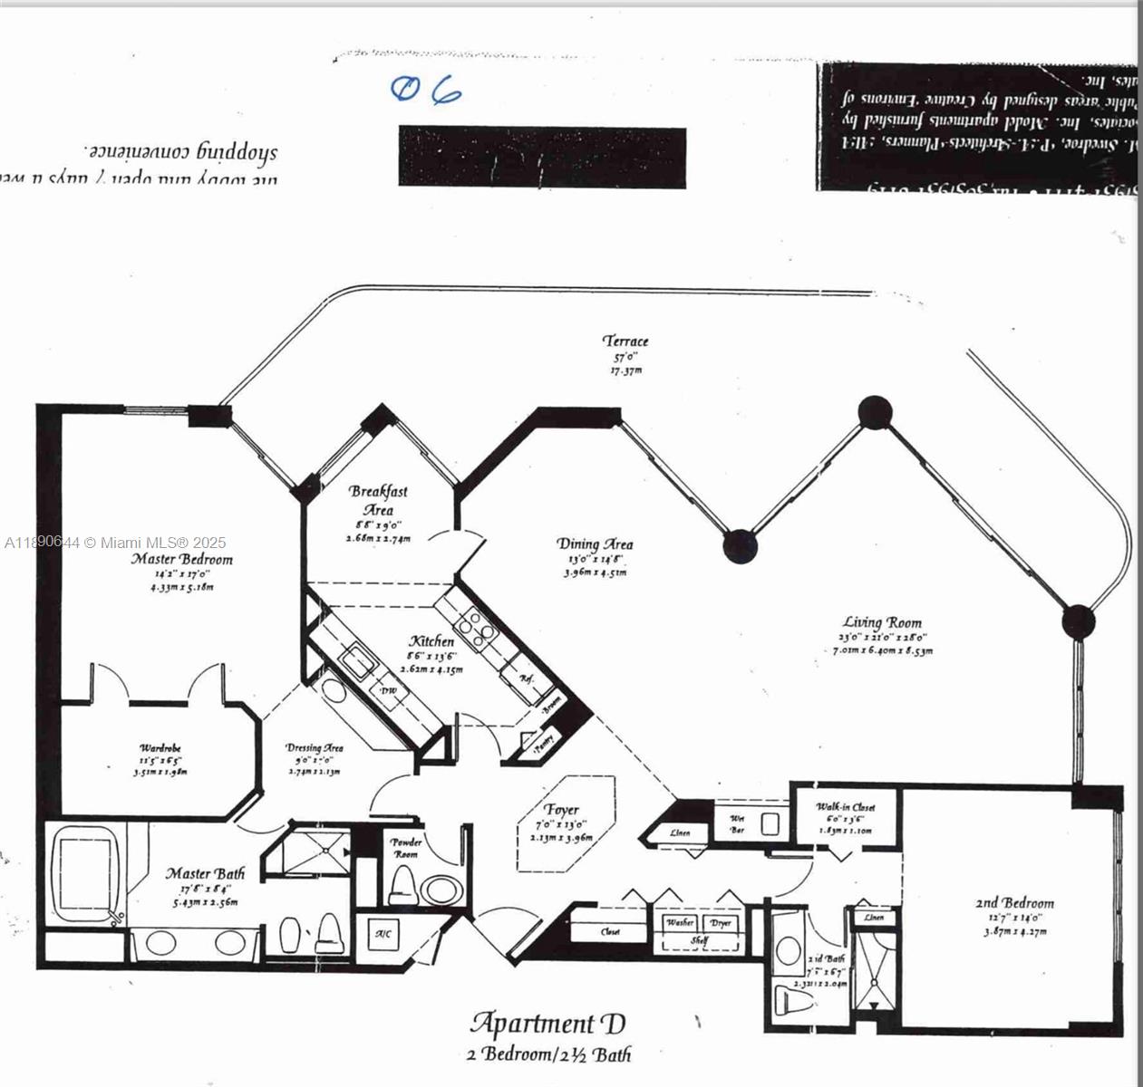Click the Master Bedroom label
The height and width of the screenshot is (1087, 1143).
click(181, 559)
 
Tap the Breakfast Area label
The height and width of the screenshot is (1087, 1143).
click(378, 500)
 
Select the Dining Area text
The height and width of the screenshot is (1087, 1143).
click(595, 543)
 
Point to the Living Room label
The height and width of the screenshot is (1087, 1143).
click(882, 621)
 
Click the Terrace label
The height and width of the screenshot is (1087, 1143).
click(625, 341)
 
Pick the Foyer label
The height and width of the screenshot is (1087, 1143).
click(562, 809)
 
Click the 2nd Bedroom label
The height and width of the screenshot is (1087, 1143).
click(1014, 902)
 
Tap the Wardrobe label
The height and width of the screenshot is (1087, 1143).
click(160, 748)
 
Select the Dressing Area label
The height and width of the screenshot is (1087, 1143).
click(315, 748)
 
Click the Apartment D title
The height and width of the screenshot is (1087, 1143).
click(547, 1024)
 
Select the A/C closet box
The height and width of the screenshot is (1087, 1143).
click(383, 933)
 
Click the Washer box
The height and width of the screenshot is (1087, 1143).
click(680, 922)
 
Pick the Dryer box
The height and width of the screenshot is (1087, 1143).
click(721, 922)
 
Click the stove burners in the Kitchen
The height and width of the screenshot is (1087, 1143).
click(476, 626)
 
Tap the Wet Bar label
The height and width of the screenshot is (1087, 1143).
click(737, 823)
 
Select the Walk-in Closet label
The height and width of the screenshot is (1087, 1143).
click(845, 806)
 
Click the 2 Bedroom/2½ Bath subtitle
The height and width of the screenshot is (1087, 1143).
click(548, 1054)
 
